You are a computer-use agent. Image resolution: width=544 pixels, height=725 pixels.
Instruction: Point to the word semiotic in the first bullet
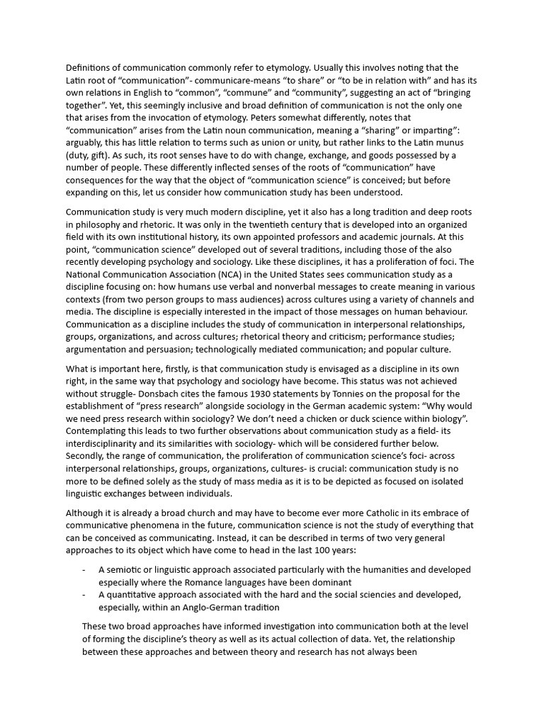(x=125, y=569)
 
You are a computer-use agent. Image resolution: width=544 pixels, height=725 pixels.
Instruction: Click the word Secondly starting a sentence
(x=88, y=455)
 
